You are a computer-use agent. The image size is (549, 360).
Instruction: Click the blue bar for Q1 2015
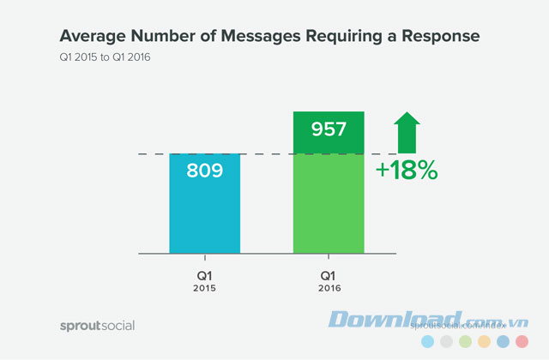point(204,214)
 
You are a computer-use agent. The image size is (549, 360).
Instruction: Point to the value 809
point(204,170)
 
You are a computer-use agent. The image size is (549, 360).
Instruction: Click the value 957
point(329,130)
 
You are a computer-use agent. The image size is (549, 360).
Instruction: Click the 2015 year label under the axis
point(204,289)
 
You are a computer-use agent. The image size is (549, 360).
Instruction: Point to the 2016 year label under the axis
point(329,289)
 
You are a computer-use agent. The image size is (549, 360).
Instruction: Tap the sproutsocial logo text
point(97,325)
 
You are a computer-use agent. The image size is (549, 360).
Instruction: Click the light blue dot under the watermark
point(426,342)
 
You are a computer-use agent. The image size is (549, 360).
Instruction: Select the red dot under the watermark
point(521,342)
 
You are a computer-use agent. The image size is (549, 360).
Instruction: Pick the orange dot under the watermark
point(483,342)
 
